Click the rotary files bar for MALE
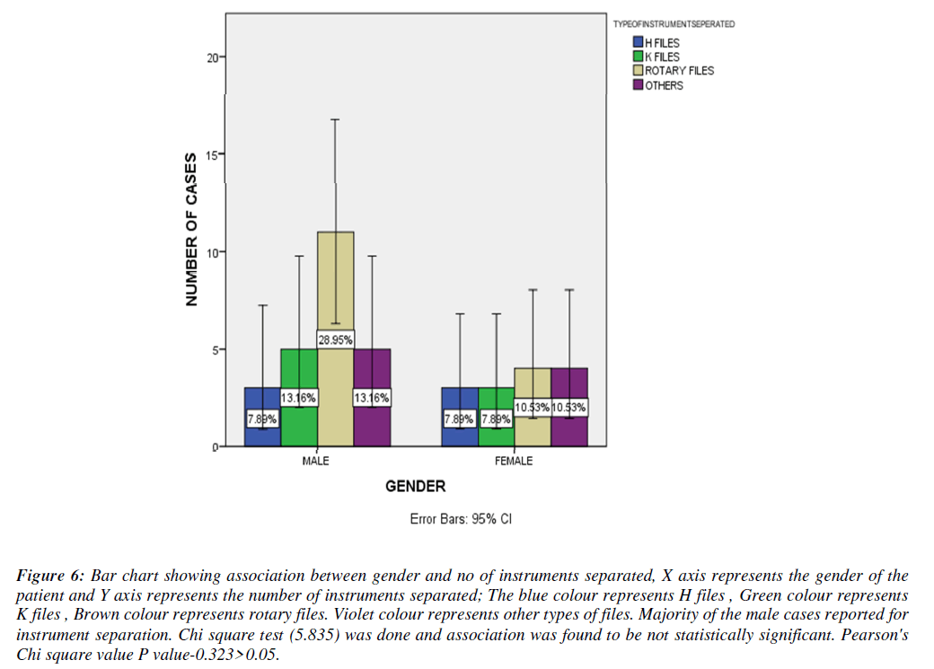click(335, 287)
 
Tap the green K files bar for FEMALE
click(496, 436)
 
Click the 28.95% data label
click(335, 339)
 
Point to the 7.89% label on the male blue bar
click(262, 418)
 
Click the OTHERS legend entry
click(664, 85)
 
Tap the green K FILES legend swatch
click(638, 57)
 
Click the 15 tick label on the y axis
click(212, 154)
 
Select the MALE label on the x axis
click(315, 462)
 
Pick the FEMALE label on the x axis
click(513, 462)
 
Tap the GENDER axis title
click(415, 487)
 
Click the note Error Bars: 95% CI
click(460, 519)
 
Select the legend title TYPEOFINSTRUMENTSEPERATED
click(674, 24)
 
